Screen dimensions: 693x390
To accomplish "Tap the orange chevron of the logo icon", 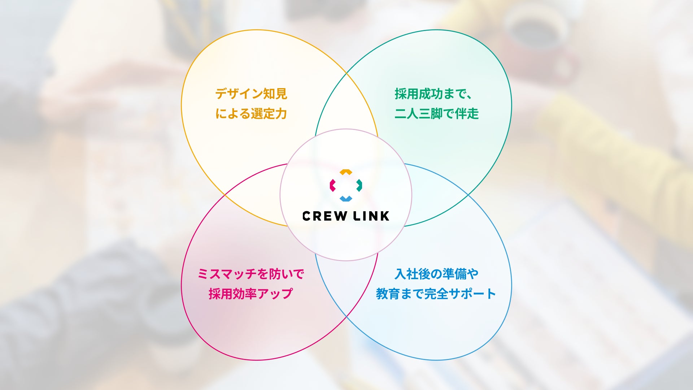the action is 346,172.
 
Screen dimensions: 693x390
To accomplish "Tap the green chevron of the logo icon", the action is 359,185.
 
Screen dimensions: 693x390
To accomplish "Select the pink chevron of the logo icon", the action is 332,185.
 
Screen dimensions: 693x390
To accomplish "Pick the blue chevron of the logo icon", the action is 346,199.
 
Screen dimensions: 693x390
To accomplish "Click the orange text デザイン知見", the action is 251,94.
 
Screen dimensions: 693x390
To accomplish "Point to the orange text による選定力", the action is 251,114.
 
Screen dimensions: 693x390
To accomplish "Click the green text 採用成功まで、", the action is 433,94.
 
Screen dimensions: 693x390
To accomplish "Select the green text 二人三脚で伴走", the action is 436,114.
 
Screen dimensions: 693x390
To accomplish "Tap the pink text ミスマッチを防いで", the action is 251,274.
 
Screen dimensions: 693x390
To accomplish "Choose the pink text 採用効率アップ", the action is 251,294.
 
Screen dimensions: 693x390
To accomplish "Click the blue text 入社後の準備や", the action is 436,274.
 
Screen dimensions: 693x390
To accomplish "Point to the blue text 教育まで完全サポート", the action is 436,294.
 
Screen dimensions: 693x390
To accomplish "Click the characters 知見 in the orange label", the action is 275,94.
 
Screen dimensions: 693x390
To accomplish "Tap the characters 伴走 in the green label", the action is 467,114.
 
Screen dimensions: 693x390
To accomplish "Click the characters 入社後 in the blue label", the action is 413,274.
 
